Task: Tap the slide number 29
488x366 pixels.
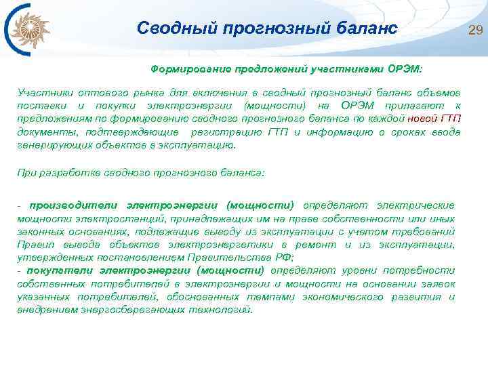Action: pos(474,28)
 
